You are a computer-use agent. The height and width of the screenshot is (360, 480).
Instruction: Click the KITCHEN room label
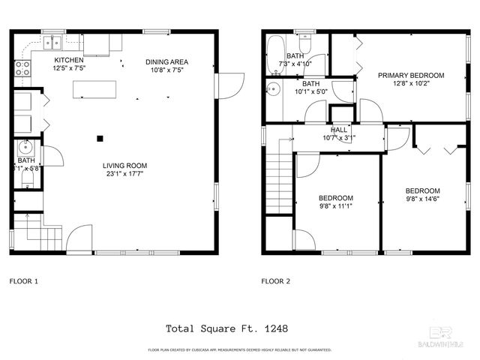(68, 60)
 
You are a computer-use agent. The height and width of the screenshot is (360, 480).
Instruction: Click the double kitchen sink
(52, 41)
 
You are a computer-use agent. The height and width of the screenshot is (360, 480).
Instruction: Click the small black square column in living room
(99, 137)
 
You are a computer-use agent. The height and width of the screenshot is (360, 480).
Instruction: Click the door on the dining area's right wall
(230, 84)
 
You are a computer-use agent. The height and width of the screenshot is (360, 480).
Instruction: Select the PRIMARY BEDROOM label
(410, 75)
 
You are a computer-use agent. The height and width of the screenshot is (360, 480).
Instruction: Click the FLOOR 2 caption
(275, 282)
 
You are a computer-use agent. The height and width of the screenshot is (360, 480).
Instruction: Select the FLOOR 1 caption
(23, 282)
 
